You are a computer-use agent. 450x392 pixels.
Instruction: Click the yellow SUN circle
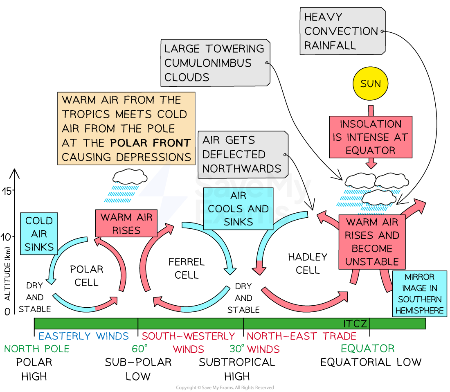coord(370,84)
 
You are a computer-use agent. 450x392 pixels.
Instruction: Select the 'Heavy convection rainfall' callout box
coord(342,31)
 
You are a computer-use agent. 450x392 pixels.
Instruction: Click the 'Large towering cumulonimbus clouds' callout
coord(215,63)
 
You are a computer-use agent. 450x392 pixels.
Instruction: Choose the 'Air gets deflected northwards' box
coord(242,155)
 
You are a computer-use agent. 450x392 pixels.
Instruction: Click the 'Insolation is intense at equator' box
coord(370,137)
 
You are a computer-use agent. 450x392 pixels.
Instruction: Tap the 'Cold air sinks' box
coord(39,234)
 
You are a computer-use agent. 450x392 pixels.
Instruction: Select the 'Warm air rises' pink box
coord(126,223)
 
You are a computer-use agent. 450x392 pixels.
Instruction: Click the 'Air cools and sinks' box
coord(238,209)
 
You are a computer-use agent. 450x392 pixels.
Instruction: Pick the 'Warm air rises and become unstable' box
coord(371,242)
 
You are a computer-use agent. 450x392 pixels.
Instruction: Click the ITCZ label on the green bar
coord(355,324)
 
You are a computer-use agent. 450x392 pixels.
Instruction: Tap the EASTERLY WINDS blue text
coord(83,336)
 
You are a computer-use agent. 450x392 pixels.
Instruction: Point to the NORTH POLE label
coord(37,349)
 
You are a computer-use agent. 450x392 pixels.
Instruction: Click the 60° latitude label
coord(139,349)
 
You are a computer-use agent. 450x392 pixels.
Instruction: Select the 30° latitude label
coord(237,349)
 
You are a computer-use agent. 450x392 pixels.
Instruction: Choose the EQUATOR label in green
coord(368,349)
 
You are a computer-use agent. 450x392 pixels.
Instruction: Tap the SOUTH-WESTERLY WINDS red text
coord(188,342)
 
